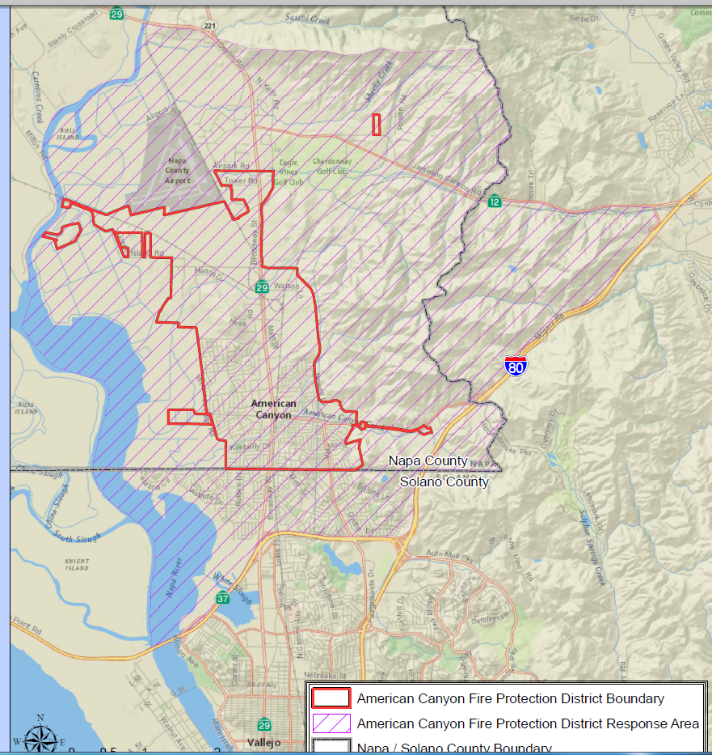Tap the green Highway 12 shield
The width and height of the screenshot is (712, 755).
point(495,201)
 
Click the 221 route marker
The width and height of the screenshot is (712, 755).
point(211,26)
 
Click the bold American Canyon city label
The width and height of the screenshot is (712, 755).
point(273,409)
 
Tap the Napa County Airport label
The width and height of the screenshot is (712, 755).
point(178,170)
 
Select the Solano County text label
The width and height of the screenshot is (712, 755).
point(444,482)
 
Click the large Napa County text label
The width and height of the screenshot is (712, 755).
point(428,460)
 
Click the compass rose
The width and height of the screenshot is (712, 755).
point(40,736)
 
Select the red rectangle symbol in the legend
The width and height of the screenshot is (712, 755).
point(331,698)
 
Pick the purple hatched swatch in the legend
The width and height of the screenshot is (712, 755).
point(331,723)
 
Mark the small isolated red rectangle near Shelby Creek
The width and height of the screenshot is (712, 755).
point(376,124)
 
